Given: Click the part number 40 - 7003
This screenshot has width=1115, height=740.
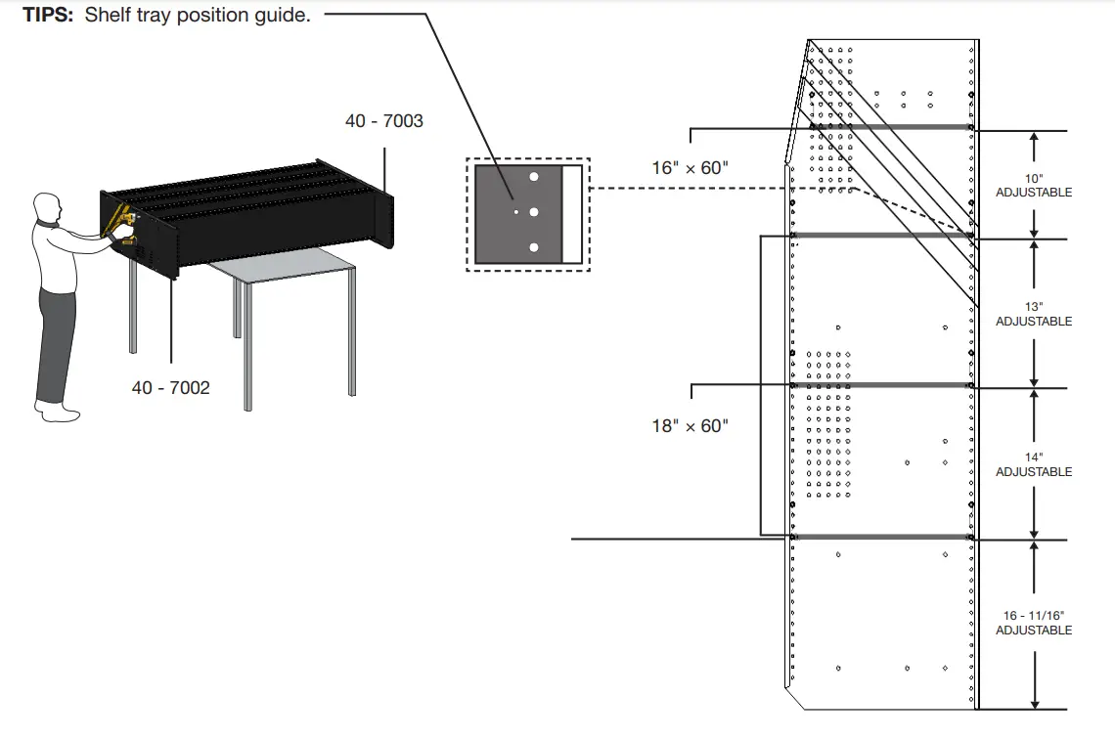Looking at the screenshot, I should point(383,121).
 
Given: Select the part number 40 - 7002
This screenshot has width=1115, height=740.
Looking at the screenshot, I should point(170,388).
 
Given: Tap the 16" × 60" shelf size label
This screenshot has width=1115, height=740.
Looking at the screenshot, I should point(690,168).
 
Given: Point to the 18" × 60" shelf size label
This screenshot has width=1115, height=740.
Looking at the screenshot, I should point(690,426).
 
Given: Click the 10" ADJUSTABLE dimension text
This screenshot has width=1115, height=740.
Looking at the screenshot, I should point(1033,186).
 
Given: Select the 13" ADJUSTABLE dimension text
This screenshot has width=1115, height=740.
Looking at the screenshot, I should point(1033,315).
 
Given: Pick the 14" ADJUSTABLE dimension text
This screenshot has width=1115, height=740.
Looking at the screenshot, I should point(1033,465).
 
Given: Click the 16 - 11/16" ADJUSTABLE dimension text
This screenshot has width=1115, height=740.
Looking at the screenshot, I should point(1033,623).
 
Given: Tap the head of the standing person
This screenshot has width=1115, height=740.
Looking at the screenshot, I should point(46,208).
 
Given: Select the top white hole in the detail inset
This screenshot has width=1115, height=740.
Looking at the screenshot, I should point(534,178).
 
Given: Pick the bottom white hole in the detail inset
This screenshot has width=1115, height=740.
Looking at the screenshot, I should point(534,247).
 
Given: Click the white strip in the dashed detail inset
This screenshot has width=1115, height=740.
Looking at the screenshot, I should point(572,214).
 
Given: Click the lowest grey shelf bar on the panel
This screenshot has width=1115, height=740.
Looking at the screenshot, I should point(880,537).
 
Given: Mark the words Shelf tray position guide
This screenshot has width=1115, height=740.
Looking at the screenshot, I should point(198,16).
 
